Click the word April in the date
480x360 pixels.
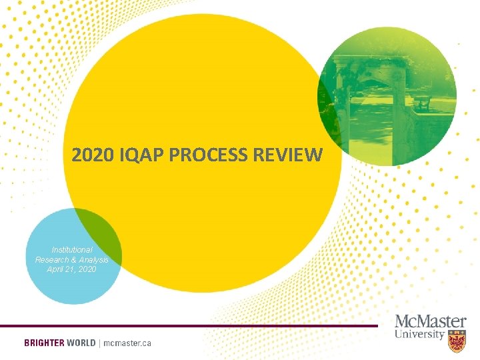57,269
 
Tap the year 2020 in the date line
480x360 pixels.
86,269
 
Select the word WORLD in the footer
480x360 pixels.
81,343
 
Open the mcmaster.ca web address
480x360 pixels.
127,343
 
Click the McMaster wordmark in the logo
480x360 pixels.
430,321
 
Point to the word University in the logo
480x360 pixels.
419,333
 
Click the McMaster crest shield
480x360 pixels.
457,341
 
